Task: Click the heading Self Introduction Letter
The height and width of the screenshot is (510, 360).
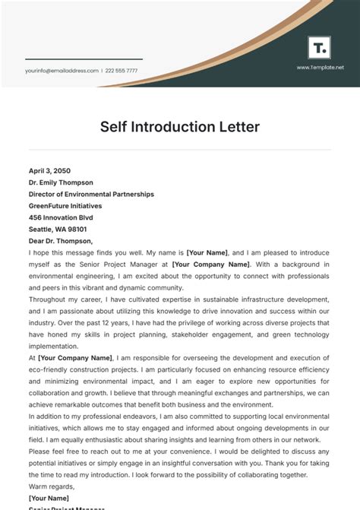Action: (x=180, y=127)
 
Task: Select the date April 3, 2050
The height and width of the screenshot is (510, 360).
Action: (x=49, y=171)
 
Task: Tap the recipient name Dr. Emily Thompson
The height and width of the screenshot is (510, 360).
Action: (x=61, y=182)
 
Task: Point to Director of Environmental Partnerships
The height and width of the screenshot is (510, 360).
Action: (x=91, y=195)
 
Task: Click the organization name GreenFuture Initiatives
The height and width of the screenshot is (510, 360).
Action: (x=65, y=206)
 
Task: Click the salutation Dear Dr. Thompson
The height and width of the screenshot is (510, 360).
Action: (x=61, y=241)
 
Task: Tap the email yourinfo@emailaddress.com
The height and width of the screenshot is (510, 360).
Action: (x=62, y=71)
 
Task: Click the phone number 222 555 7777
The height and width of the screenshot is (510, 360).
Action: (x=122, y=71)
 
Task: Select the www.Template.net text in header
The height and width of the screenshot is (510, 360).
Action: (x=320, y=67)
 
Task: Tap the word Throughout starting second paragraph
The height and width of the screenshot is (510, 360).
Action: (x=48, y=299)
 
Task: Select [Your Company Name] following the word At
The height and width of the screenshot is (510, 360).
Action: (x=74, y=358)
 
